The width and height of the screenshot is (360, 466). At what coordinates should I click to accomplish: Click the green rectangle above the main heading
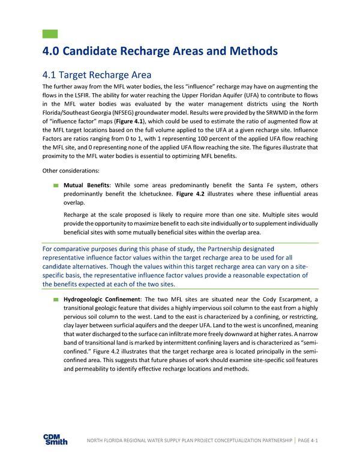[50, 34]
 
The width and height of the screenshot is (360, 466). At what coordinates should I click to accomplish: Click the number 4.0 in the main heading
[53, 52]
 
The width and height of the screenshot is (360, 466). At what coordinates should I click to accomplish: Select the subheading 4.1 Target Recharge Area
[97, 75]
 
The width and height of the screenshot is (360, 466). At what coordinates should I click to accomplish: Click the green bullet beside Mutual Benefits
[56, 186]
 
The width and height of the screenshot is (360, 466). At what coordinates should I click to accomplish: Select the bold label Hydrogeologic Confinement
[101, 299]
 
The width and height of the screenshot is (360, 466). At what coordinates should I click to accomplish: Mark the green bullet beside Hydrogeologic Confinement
[56, 299]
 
